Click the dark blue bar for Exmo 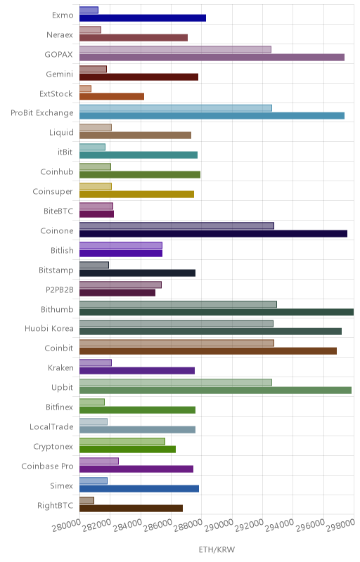pyautogui.click(x=143, y=18)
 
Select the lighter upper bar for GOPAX pyautogui.click(x=175, y=49)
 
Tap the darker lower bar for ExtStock pyautogui.click(x=112, y=96)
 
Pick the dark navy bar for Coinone pyautogui.click(x=213, y=234)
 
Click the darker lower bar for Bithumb pyautogui.click(x=217, y=312)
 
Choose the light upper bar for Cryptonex pyautogui.click(x=122, y=441)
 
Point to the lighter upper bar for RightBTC pyautogui.click(x=86, y=500)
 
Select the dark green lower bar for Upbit pyautogui.click(x=215, y=391)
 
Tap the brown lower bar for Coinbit pyautogui.click(x=208, y=351)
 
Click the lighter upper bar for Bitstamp pyautogui.click(x=94, y=265)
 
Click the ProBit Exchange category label pyautogui.click(x=42, y=113)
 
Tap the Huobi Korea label pyautogui.click(x=49, y=329)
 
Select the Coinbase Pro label pyautogui.click(x=47, y=466)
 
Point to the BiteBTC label pyautogui.click(x=58, y=211)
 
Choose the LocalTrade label pyautogui.click(x=51, y=427)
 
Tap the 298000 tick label pyautogui.click(x=340, y=525)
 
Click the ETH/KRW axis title pyautogui.click(x=217, y=549)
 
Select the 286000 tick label pyautogui.click(x=157, y=525)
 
